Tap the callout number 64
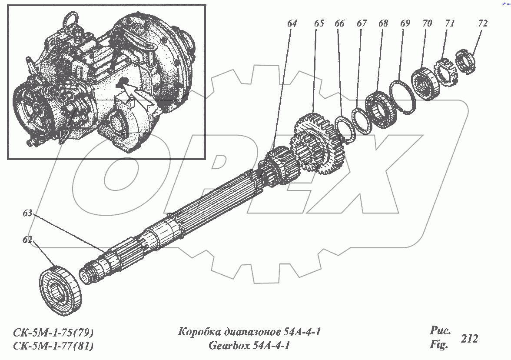coord(292,24)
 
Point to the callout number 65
coord(319,24)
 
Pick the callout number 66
coord(339,24)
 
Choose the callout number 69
coord(405,24)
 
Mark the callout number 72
coord(483,24)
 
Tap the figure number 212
coord(469,339)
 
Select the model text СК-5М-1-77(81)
coord(53,346)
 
